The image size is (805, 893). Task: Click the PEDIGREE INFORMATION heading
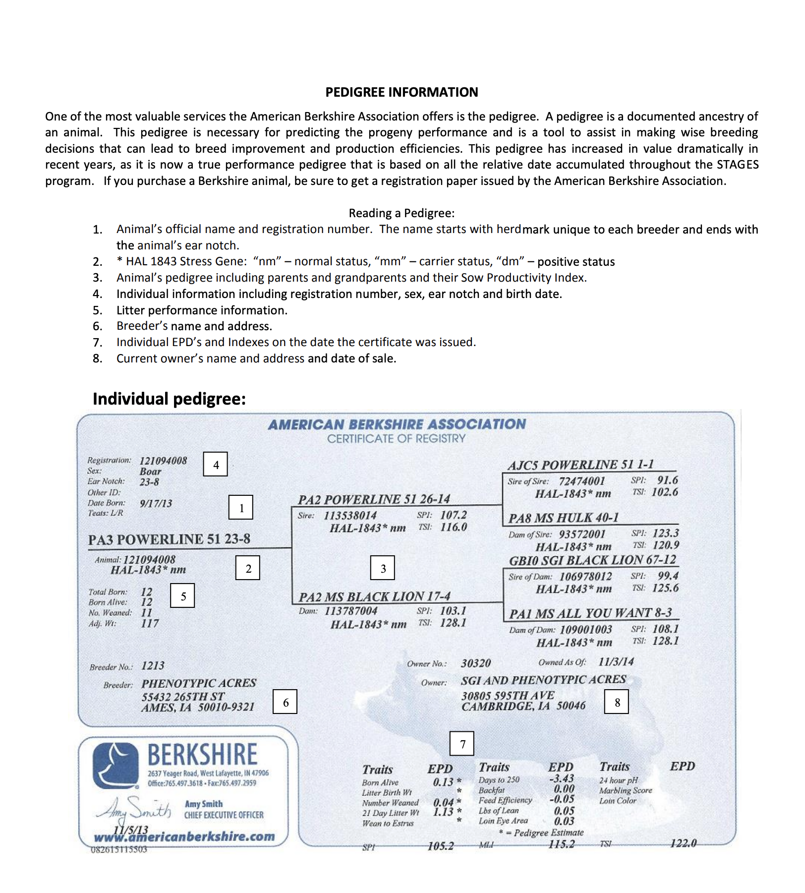pyautogui.click(x=402, y=92)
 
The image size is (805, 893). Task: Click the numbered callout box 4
pyautogui.click(x=216, y=465)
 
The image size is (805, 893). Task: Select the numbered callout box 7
pyautogui.click(x=462, y=744)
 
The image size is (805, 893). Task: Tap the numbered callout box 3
pyautogui.click(x=383, y=568)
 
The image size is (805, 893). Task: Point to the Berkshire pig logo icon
pyautogui.click(x=115, y=766)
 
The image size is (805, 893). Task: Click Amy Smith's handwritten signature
pyautogui.click(x=134, y=808)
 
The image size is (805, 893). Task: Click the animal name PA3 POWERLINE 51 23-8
pyautogui.click(x=169, y=539)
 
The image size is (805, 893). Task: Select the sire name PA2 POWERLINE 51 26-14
pyautogui.click(x=374, y=499)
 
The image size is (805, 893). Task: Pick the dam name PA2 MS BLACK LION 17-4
pyautogui.click(x=374, y=596)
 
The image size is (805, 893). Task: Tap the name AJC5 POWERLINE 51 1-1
pyautogui.click(x=580, y=465)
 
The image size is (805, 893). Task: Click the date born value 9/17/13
pyautogui.click(x=156, y=503)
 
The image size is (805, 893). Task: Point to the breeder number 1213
pyautogui.click(x=153, y=665)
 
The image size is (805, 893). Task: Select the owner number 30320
pyautogui.click(x=476, y=663)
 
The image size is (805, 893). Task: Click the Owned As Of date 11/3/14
pyautogui.click(x=616, y=661)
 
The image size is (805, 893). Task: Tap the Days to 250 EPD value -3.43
pyautogui.click(x=562, y=778)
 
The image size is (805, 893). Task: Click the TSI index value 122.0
pyautogui.click(x=684, y=843)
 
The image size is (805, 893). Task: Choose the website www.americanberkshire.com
pyautogui.click(x=184, y=837)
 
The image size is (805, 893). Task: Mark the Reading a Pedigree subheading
pyautogui.click(x=402, y=213)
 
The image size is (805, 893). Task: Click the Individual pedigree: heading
pyautogui.click(x=169, y=399)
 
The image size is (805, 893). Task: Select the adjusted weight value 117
pyautogui.click(x=150, y=623)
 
